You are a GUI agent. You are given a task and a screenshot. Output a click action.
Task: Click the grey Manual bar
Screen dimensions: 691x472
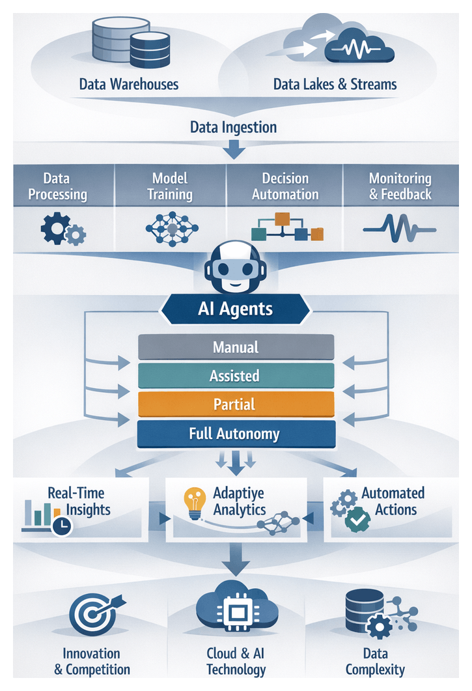tap(236, 347)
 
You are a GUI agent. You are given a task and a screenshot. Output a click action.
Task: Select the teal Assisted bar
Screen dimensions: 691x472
tap(236, 376)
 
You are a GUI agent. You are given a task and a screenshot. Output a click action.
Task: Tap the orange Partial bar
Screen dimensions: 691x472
tap(236, 404)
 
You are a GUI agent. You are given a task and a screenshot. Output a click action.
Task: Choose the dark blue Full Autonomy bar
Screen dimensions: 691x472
tap(236, 434)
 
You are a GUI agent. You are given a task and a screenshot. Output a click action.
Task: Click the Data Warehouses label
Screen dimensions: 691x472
tap(129, 84)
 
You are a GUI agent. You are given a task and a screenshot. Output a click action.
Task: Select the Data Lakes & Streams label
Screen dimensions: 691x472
tap(335, 84)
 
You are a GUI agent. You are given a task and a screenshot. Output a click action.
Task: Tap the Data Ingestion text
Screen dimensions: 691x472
tap(233, 126)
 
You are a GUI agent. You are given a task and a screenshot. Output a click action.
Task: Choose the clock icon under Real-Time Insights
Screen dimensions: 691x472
tap(61, 527)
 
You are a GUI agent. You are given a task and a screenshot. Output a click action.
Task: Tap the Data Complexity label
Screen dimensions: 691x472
tap(375, 661)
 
